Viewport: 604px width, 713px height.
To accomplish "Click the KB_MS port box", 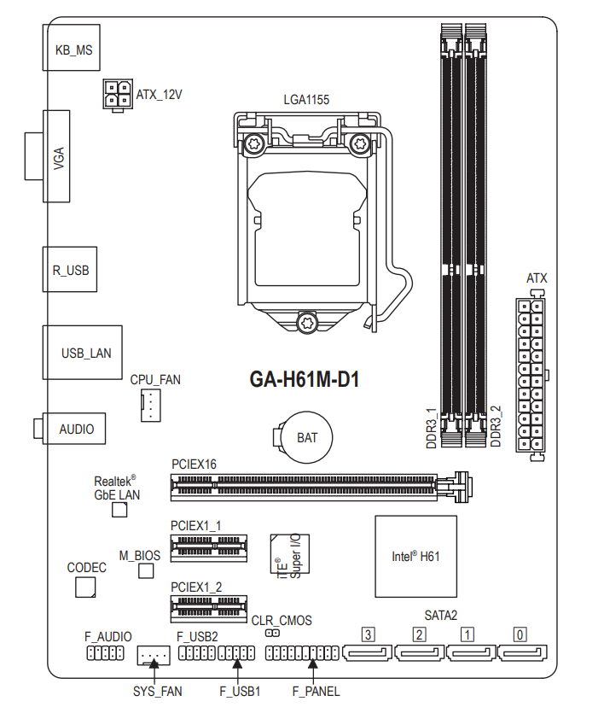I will (x=73, y=50).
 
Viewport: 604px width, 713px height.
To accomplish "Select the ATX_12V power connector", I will (x=116, y=94).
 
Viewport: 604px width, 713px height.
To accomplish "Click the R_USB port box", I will (x=70, y=270).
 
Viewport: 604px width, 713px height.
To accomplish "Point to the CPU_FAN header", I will (x=150, y=404).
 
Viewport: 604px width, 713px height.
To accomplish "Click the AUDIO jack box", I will (x=76, y=429).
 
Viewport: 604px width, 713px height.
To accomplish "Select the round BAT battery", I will (x=306, y=437).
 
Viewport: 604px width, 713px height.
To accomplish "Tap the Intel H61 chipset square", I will (x=415, y=556).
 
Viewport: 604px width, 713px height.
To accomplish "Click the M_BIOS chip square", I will (x=147, y=570).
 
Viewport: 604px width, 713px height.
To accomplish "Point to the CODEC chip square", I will (x=85, y=587).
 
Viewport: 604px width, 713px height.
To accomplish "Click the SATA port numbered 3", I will (x=368, y=655).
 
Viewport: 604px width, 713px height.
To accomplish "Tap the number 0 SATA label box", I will (x=519, y=634).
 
